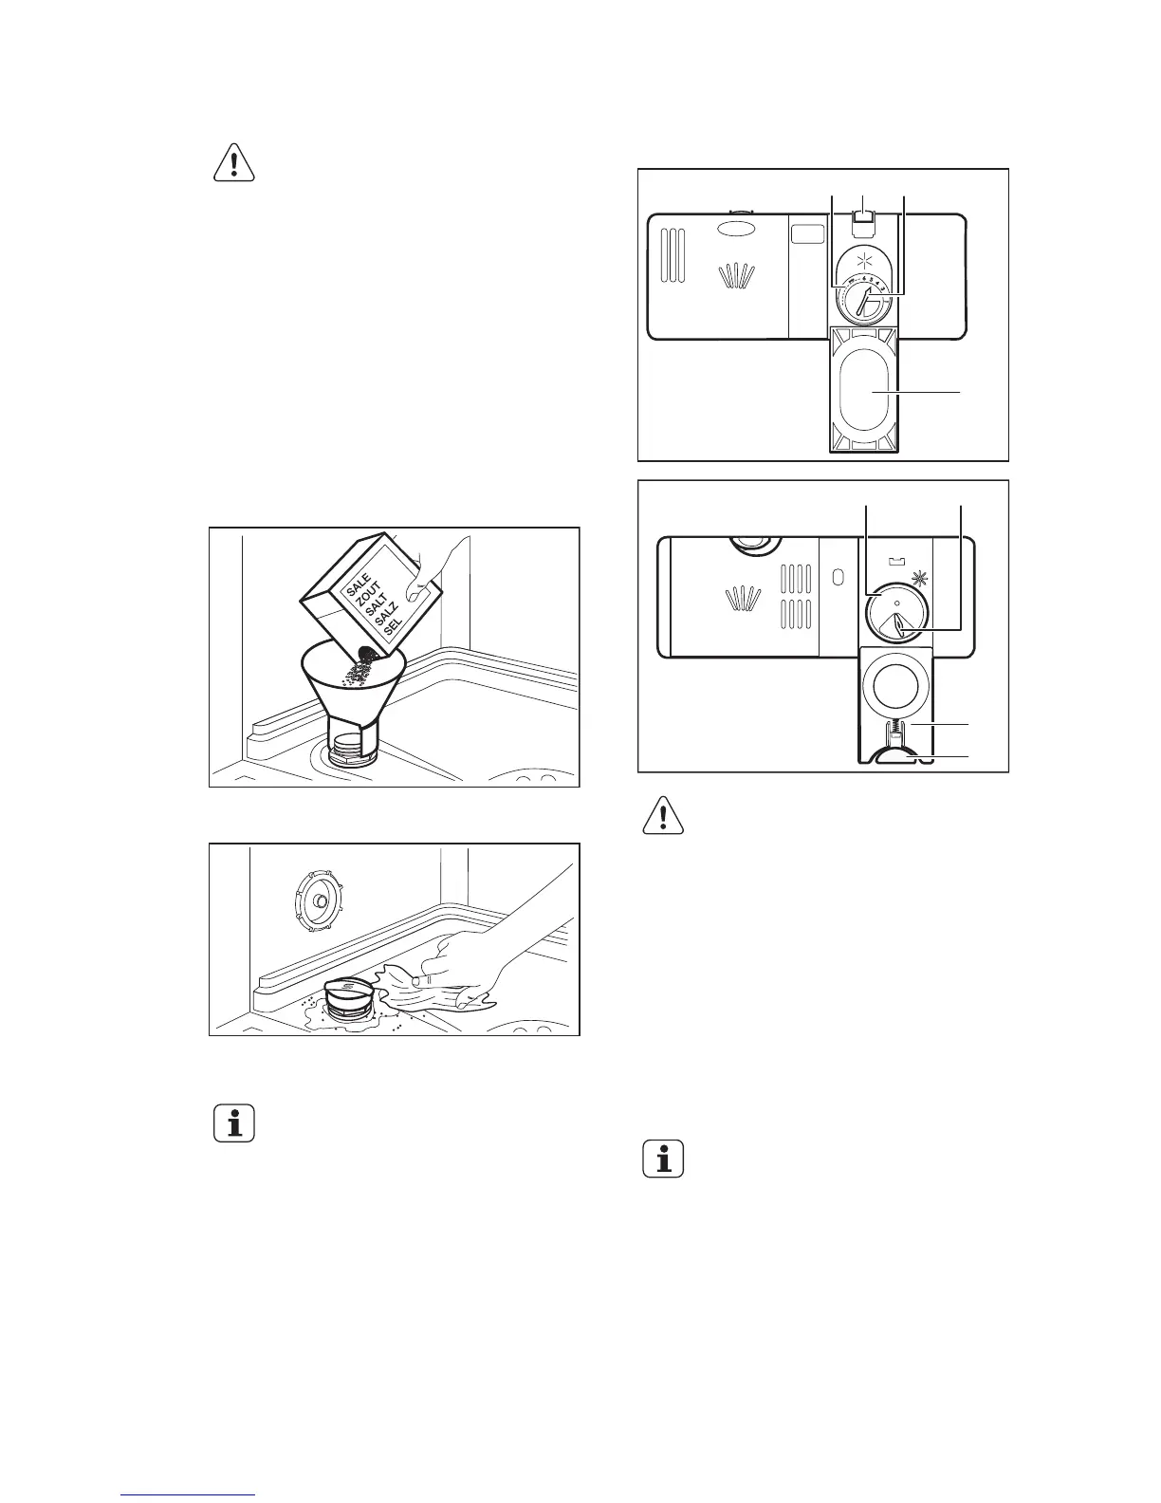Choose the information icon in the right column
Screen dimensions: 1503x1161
[x=663, y=1160]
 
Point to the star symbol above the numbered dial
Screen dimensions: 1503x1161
[x=862, y=261]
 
